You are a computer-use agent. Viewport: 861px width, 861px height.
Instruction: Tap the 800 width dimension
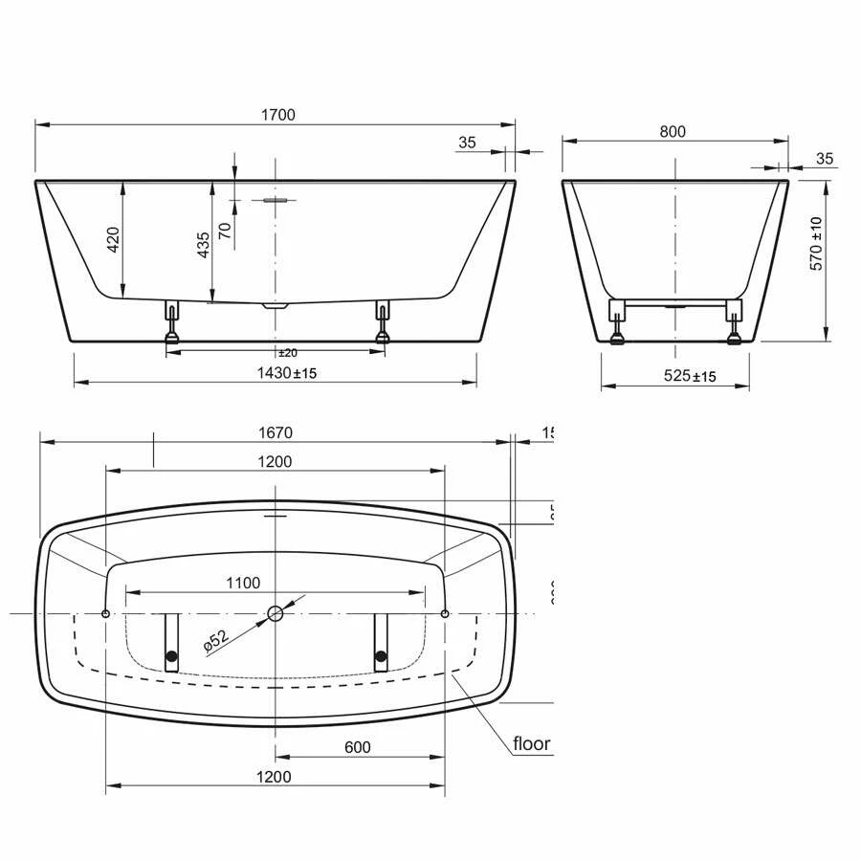673,132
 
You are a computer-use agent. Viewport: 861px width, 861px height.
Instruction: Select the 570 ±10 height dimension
816,243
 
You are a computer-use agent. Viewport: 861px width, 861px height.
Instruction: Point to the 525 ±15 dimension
690,376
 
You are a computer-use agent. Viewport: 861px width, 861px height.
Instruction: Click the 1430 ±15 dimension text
286,373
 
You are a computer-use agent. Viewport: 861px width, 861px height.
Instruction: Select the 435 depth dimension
202,245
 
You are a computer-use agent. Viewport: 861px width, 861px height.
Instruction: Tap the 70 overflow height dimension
225,230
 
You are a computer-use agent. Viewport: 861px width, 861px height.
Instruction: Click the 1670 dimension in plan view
276,432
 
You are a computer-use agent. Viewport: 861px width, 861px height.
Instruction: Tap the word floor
532,743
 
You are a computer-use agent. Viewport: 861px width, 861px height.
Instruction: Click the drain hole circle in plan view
276,613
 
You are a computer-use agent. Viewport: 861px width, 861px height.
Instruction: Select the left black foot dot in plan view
172,656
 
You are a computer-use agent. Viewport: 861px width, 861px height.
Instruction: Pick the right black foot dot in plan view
382,656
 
